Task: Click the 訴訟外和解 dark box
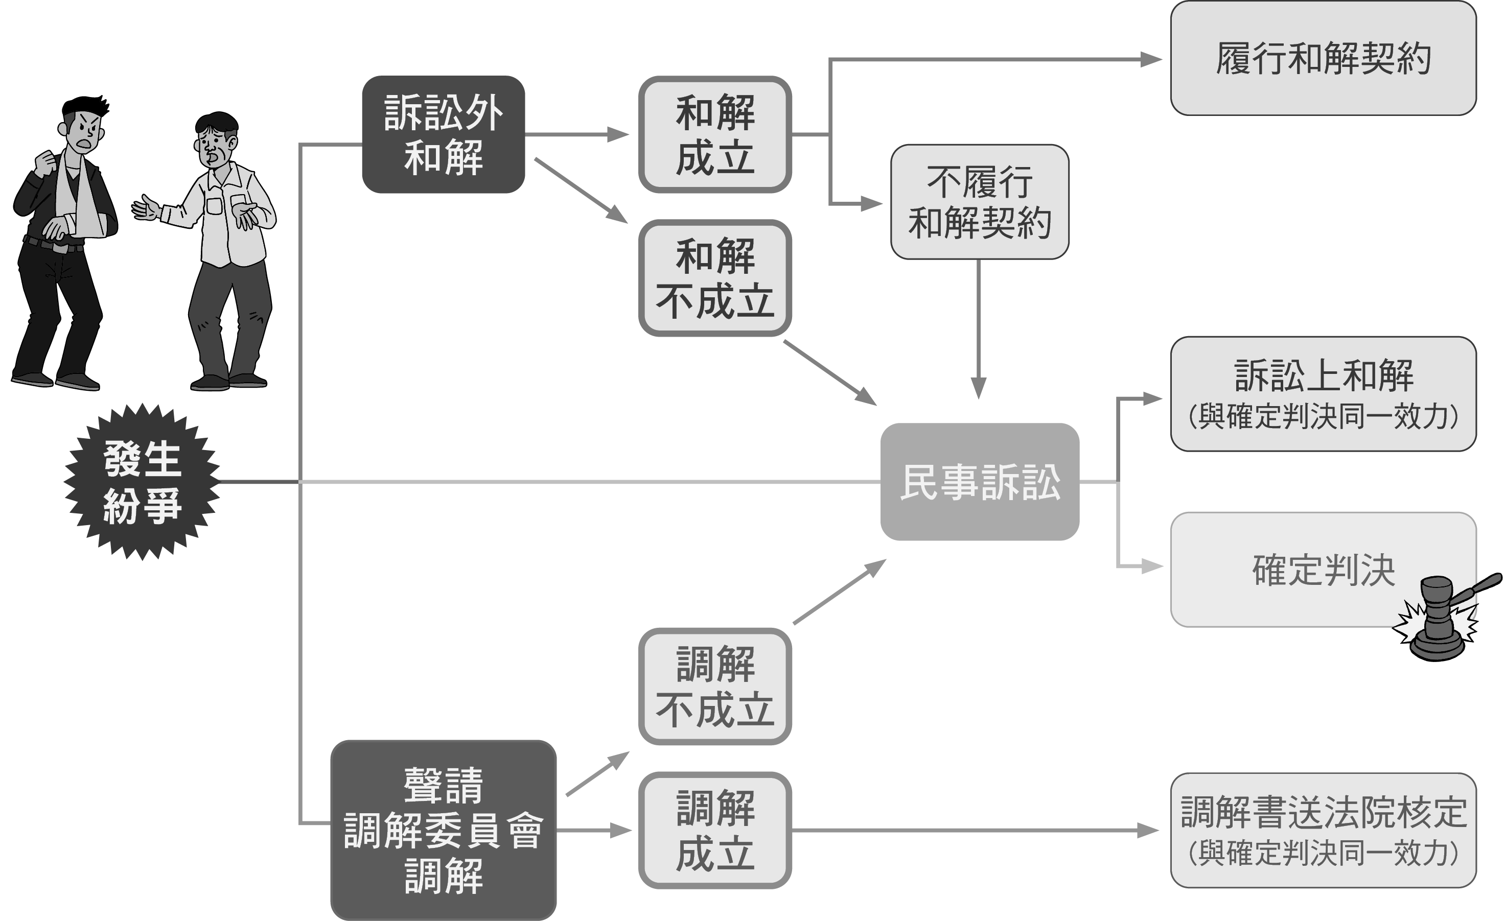click(443, 134)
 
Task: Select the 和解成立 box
click(714, 134)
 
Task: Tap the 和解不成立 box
click(714, 278)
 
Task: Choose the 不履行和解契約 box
click(979, 202)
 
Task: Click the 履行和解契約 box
click(1323, 58)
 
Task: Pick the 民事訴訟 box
click(979, 482)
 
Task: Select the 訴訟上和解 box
click(1323, 394)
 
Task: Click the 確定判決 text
click(1323, 570)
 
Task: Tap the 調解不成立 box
click(714, 686)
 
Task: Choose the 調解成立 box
click(714, 830)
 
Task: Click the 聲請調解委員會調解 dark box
click(443, 830)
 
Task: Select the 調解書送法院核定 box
click(1323, 830)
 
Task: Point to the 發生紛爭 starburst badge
click(142, 482)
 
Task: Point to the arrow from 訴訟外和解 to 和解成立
click(577, 134)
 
